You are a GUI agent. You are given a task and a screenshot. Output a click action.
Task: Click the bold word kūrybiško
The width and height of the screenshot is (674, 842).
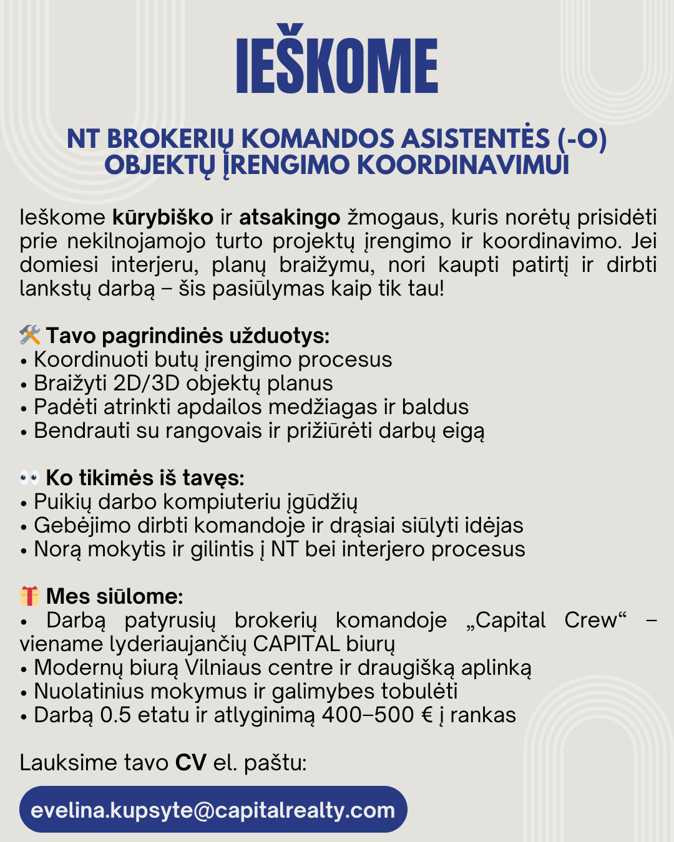tap(163, 218)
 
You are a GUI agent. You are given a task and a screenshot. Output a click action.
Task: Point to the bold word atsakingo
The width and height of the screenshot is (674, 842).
tap(290, 218)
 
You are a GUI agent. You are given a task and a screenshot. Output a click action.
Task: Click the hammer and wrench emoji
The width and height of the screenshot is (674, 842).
tap(30, 336)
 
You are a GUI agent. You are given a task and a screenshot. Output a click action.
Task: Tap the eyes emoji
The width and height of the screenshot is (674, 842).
tap(30, 478)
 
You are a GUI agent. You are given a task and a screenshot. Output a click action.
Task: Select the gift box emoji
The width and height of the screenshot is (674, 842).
tap(30, 597)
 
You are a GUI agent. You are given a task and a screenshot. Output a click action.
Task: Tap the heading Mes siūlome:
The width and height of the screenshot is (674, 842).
tap(114, 597)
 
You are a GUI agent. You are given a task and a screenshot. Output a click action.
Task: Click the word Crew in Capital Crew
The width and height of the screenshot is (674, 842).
tap(594, 621)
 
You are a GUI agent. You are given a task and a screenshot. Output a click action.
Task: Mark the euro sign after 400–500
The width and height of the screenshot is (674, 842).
tap(427, 715)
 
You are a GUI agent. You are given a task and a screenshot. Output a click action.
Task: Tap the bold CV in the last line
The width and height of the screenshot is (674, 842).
tap(190, 763)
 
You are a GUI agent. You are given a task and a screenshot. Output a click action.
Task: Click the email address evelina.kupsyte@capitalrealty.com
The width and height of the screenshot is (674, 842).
tap(213, 810)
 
